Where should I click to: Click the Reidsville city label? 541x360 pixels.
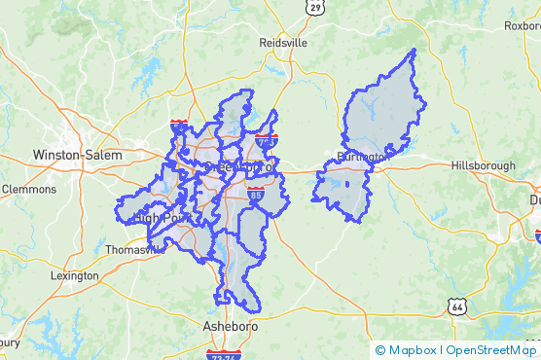(x=284, y=43)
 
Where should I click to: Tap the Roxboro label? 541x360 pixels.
(x=522, y=26)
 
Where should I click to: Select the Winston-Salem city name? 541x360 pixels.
(x=78, y=155)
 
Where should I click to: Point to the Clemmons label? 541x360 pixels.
(x=29, y=189)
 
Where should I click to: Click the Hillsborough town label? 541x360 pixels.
(x=483, y=166)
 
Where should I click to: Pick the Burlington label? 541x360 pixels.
(x=362, y=157)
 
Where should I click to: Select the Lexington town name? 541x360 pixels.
(x=75, y=275)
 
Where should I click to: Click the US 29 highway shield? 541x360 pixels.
(x=314, y=7)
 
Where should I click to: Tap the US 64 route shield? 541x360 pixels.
(x=455, y=306)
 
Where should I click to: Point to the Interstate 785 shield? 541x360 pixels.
(x=268, y=141)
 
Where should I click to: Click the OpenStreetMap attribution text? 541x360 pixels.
(x=490, y=350)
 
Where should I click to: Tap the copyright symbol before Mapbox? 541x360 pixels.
(x=379, y=350)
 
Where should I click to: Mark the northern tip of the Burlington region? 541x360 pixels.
(x=414, y=50)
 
